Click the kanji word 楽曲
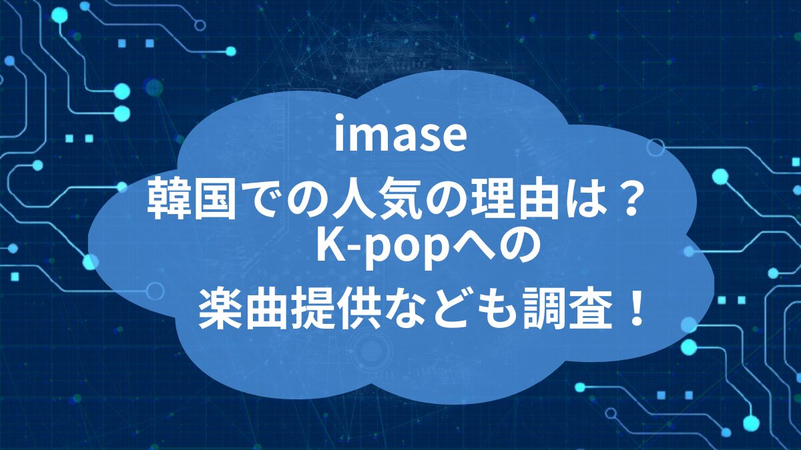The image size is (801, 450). point(244,307)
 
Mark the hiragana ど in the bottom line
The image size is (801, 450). point(447,308)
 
